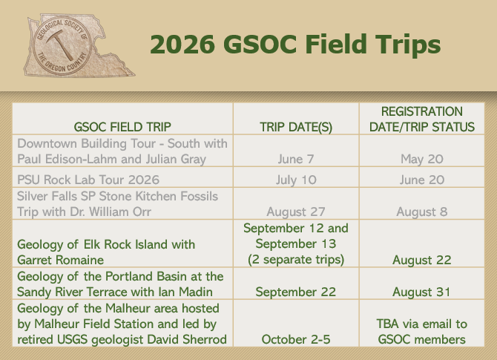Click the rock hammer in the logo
tap(59, 44)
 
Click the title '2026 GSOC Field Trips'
tap(295, 45)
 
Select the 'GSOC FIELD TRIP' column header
tap(122, 127)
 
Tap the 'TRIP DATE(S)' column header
tap(296, 127)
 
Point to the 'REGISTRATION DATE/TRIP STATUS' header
tap(422, 120)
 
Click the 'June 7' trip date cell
tap(296, 159)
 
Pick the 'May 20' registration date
tap(422, 160)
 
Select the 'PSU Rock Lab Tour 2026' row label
tap(88, 180)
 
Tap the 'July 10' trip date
tap(296, 180)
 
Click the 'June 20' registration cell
tap(422, 180)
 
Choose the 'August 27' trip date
tap(296, 212)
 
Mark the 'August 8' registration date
tap(422, 212)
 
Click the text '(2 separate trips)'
tap(296, 260)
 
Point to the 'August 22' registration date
tap(422, 260)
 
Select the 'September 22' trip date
tap(296, 292)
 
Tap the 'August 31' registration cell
tap(422, 292)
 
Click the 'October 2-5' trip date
tap(296, 339)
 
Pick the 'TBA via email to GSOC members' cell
tap(422, 332)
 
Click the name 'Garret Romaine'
tap(61, 260)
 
